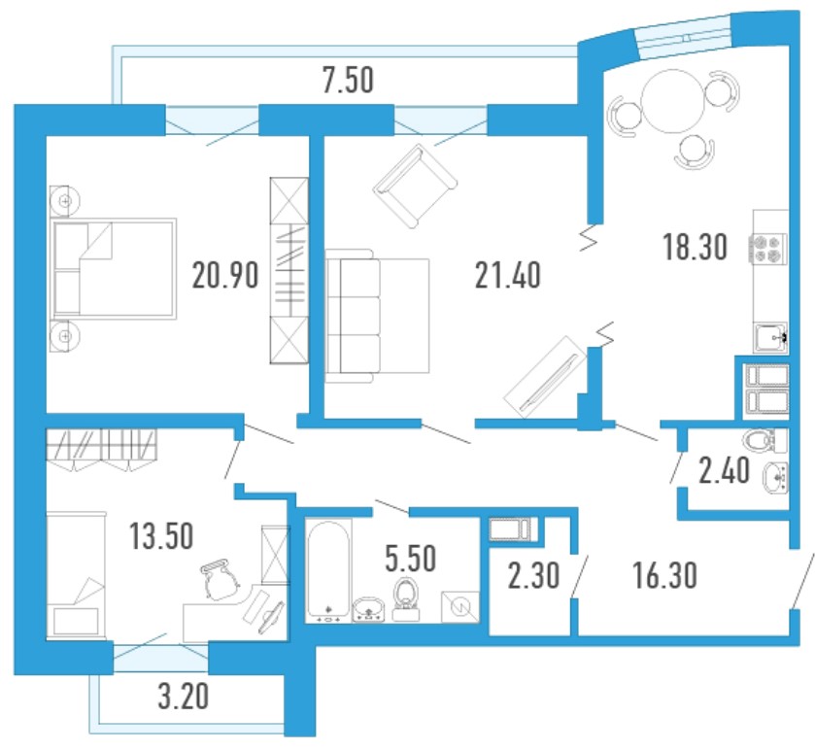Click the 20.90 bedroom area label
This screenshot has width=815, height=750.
click(x=225, y=275)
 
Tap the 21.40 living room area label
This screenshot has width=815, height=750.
click(x=508, y=275)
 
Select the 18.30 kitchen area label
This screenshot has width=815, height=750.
click(x=695, y=247)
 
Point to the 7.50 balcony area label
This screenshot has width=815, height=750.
click(x=349, y=81)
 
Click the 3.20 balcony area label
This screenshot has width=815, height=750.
click(x=184, y=696)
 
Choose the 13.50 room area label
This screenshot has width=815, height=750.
click(x=161, y=536)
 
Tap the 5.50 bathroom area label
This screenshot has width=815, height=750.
click(x=410, y=559)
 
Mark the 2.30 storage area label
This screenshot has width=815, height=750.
click(x=534, y=576)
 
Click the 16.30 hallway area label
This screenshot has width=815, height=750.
click(x=664, y=576)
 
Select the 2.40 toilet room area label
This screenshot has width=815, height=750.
click(x=724, y=470)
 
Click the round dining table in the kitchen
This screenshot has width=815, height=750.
click(x=672, y=101)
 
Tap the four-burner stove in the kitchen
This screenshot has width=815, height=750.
click(x=767, y=249)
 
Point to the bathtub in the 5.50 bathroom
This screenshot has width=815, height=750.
click(x=328, y=570)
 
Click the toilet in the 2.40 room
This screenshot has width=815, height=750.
click(x=765, y=441)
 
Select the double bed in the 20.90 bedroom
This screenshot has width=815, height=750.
click(x=114, y=268)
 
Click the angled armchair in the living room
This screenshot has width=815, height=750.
click(x=415, y=186)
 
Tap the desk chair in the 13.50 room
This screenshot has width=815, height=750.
click(x=219, y=580)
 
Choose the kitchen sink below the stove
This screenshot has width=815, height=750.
click(x=770, y=338)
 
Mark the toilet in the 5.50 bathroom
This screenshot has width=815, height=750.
click(x=406, y=599)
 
